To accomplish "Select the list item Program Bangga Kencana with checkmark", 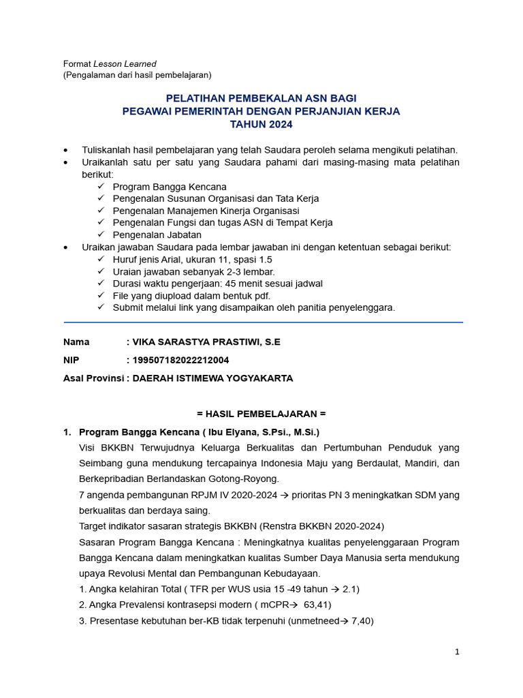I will [x=170, y=187].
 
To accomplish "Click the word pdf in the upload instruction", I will [x=261, y=296].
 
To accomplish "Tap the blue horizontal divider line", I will [x=263, y=322].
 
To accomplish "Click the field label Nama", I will [x=76, y=342].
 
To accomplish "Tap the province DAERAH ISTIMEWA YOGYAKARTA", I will [x=213, y=378].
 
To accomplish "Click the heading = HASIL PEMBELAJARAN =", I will [x=261, y=414].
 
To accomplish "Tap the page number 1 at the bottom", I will [x=458, y=652].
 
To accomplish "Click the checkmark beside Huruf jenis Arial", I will [x=101, y=260].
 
